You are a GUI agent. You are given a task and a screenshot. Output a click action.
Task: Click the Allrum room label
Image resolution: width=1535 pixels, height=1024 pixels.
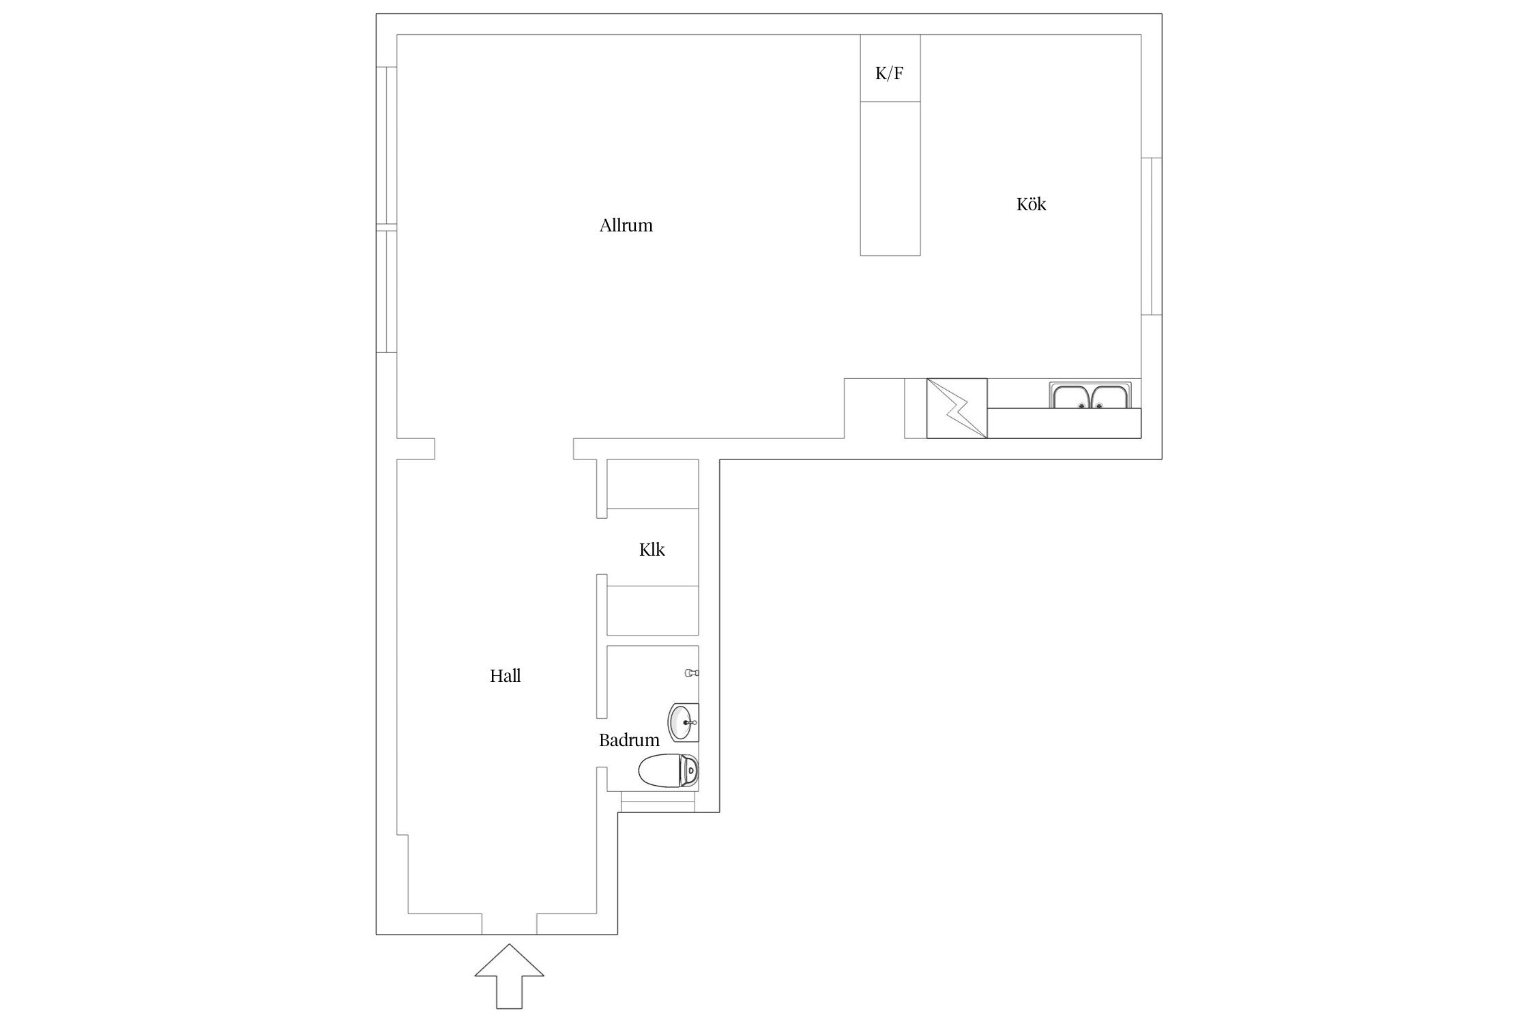click(x=626, y=225)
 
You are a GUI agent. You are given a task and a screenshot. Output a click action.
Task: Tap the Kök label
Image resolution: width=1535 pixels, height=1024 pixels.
click(x=1031, y=204)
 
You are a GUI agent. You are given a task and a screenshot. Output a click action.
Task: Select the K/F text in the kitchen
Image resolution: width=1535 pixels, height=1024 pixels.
click(x=890, y=73)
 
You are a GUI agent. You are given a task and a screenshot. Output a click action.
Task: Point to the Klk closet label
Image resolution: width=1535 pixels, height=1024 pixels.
click(x=652, y=550)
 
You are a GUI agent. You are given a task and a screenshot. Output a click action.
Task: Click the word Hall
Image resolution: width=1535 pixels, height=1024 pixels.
click(x=505, y=676)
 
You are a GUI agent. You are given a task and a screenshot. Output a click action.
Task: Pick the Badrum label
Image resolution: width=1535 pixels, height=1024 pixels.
click(x=629, y=740)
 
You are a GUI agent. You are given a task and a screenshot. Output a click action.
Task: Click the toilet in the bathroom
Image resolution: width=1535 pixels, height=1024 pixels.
click(x=669, y=771)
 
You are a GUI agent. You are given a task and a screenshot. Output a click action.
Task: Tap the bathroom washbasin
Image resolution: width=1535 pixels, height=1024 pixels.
click(x=683, y=722)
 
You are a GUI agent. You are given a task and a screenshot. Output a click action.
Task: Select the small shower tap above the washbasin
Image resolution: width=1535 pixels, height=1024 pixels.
click(x=692, y=673)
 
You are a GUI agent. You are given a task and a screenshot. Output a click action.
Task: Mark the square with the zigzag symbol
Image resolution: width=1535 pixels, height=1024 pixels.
click(x=956, y=408)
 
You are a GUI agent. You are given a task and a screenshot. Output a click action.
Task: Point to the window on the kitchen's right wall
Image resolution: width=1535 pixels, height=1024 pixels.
click(x=1152, y=236)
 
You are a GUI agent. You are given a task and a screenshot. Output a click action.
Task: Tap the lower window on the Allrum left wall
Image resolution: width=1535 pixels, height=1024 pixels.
click(x=386, y=291)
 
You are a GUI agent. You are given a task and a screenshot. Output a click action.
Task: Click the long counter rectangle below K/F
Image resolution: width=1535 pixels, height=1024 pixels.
click(x=890, y=179)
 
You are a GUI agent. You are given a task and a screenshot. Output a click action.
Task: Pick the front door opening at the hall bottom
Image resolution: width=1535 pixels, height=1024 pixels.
click(x=509, y=924)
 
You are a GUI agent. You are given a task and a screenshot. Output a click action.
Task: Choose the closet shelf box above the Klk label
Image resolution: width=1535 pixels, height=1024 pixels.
click(x=653, y=484)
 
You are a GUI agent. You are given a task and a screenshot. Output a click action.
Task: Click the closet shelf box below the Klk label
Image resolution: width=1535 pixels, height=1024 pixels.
click(x=653, y=610)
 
